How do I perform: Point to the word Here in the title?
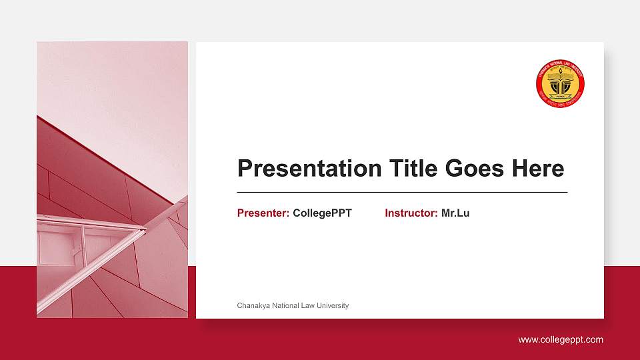538,169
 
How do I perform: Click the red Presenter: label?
263,213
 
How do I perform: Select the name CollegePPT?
322,213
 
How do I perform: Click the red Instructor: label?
411,213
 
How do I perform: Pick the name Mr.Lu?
455,213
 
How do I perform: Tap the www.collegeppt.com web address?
561,339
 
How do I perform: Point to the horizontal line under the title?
402,192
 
